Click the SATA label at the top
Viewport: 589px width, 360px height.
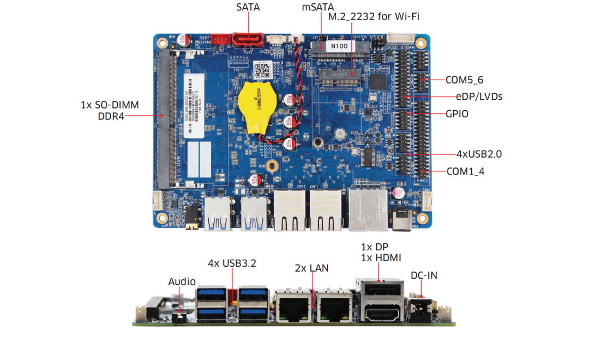coord(248,8)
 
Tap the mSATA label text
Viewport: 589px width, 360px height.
coord(317,8)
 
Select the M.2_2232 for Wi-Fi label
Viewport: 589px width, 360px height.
coord(373,18)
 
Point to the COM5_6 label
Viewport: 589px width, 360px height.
coord(464,80)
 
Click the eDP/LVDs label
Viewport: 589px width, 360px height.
coord(479,97)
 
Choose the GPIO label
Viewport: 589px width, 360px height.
coord(457,114)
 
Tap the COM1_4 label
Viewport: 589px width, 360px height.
coord(465,171)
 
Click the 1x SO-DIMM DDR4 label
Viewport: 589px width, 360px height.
coord(110,110)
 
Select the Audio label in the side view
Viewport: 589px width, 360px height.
coord(182,281)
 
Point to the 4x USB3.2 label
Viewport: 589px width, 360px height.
coord(232,263)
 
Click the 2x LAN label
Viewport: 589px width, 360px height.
coord(311,268)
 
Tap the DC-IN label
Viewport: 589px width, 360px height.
coord(424,275)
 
